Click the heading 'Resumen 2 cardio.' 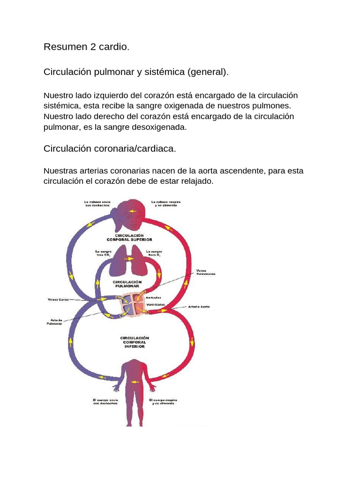tap(86, 47)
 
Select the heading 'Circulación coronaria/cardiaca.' tap(110, 149)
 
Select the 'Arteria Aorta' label tap(198, 307)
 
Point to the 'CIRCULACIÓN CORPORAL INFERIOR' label tap(134, 342)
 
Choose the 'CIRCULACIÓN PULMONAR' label tap(127, 285)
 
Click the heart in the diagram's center tap(135, 305)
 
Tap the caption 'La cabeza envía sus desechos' tap(97, 204)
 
